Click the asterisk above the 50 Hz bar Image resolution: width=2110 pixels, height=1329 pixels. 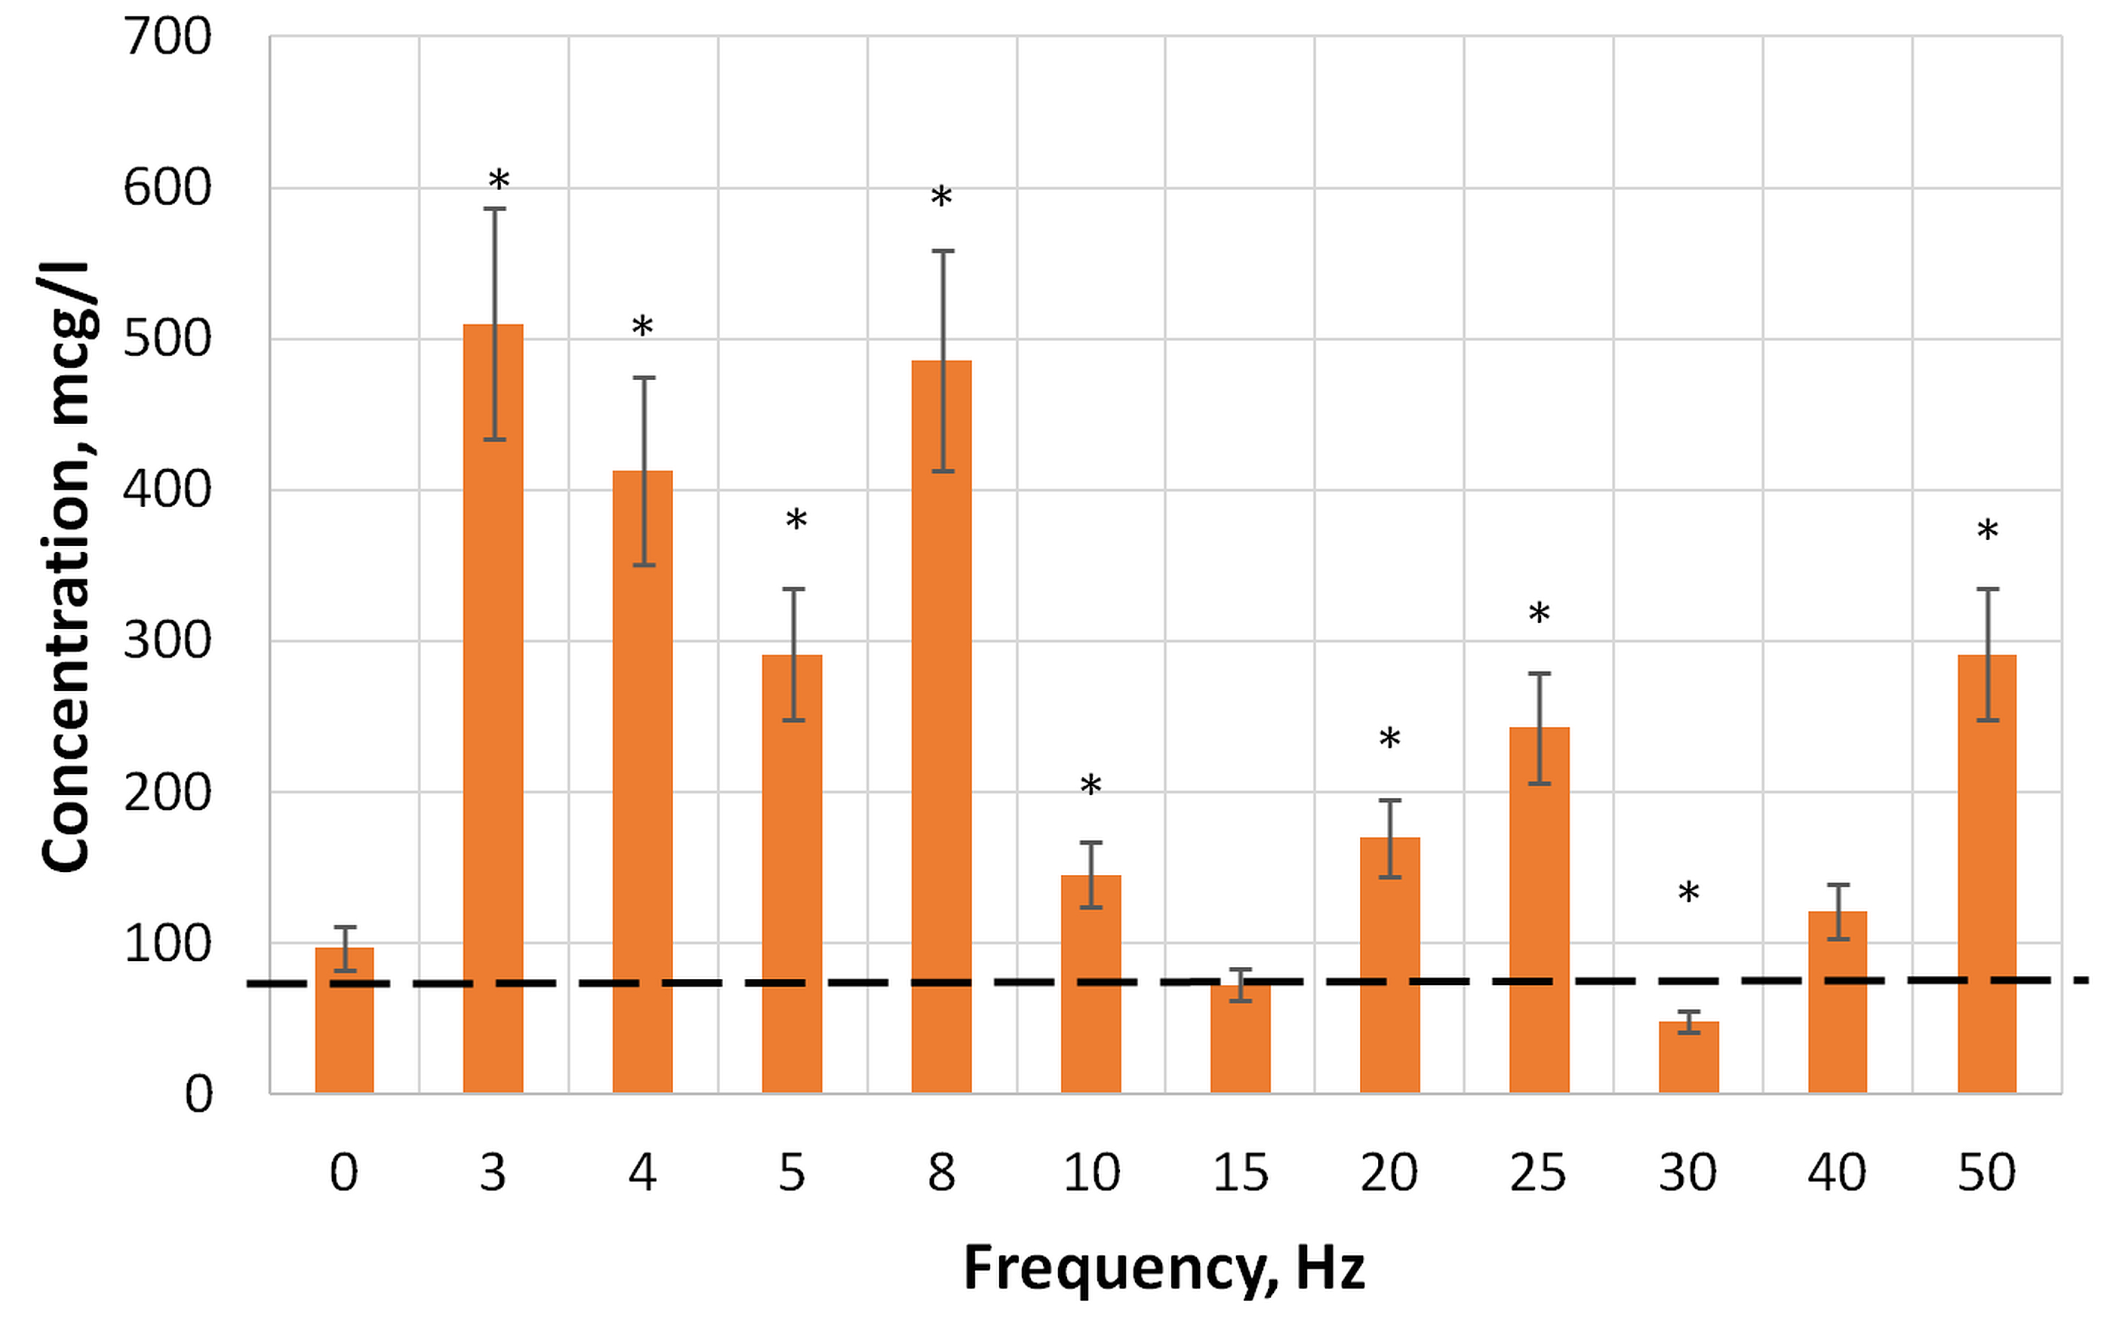click(x=1987, y=531)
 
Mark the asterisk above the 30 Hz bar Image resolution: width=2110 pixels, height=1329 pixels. click(x=1688, y=895)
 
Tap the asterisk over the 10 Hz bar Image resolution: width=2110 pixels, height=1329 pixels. click(x=1091, y=786)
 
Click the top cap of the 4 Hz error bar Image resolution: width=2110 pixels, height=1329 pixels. click(x=644, y=378)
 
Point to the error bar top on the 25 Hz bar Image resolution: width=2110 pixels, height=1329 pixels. click(x=1539, y=674)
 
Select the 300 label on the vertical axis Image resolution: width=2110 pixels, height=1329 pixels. click(x=168, y=641)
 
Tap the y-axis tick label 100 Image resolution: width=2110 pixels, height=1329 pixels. click(x=168, y=944)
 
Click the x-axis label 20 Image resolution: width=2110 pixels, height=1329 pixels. click(x=1389, y=1172)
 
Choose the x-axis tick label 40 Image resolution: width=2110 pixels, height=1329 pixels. click(x=1837, y=1172)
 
